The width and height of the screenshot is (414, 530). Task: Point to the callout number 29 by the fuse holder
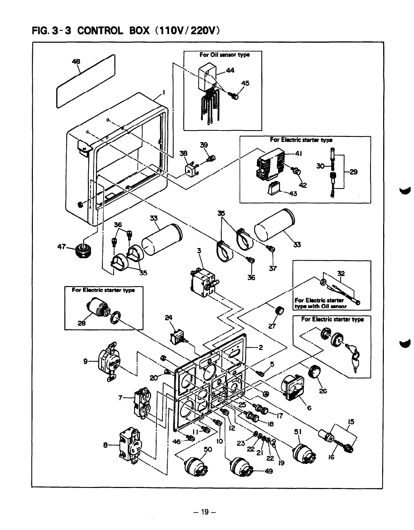353,172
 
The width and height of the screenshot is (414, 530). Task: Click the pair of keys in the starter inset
355,360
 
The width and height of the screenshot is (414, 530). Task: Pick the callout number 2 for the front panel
261,347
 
